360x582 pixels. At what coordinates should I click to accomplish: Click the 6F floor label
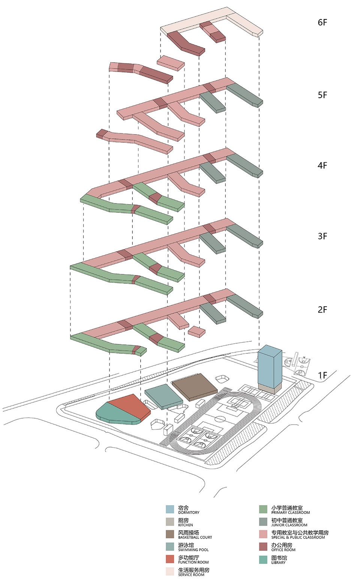pyautogui.click(x=322, y=22)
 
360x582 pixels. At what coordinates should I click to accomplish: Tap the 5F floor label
pyautogui.click(x=322, y=95)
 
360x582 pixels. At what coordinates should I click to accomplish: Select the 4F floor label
pyautogui.click(x=322, y=166)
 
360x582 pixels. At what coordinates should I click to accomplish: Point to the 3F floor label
pyautogui.click(x=322, y=236)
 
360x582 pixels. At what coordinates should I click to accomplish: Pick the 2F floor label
pyautogui.click(x=322, y=310)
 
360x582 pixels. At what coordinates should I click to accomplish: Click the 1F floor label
pyautogui.click(x=322, y=376)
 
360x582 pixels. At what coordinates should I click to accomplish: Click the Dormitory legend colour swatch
pyautogui.click(x=170, y=509)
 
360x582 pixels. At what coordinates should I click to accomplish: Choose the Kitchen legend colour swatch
pyautogui.click(x=170, y=522)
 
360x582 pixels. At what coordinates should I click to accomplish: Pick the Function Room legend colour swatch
pyautogui.click(x=170, y=559)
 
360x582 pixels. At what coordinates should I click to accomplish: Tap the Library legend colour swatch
pyautogui.click(x=264, y=559)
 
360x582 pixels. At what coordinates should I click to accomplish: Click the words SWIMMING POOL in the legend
pyautogui.click(x=193, y=550)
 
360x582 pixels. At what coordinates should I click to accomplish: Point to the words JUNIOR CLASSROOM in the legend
pyautogui.click(x=289, y=525)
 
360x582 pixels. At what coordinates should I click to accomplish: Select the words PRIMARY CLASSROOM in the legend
pyautogui.click(x=291, y=513)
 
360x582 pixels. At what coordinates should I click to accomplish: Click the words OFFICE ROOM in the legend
pyautogui.click(x=283, y=550)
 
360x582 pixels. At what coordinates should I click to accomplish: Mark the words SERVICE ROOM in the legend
pyautogui.click(x=191, y=575)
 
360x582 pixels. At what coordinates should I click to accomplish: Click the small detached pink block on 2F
pyautogui.click(x=196, y=331)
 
